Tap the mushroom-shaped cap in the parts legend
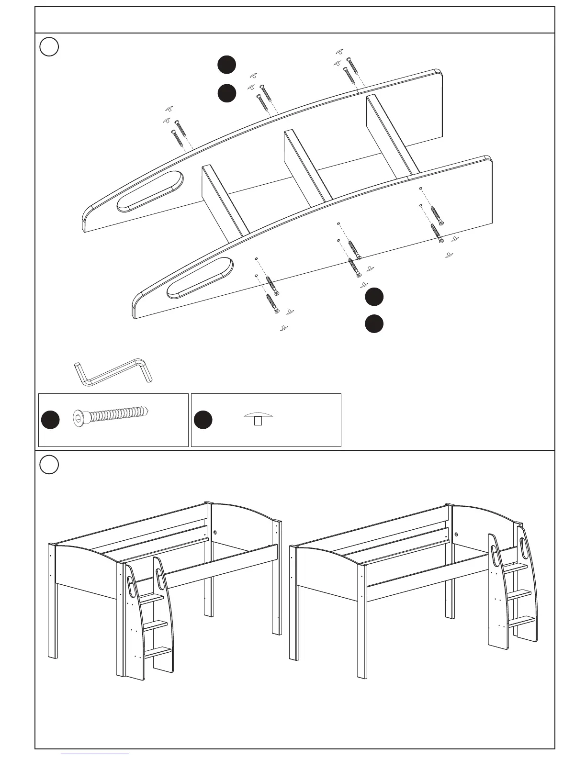click(x=258, y=418)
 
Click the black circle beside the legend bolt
click(x=50, y=420)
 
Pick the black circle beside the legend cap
click(x=203, y=420)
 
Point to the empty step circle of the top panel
click(x=49, y=47)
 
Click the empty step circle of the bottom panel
click(x=49, y=465)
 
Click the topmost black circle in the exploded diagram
click(x=226, y=65)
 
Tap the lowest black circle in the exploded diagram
click(x=374, y=323)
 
